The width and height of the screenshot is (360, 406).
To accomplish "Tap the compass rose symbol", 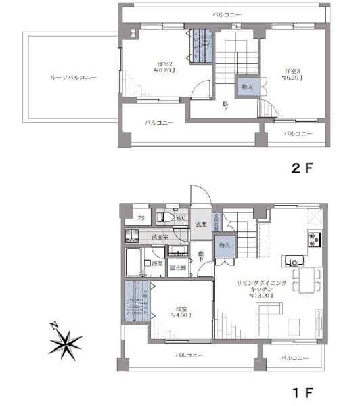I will point(66,342).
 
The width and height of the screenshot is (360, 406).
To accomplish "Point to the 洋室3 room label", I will point(292,70).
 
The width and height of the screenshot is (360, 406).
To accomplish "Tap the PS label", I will point(141,218).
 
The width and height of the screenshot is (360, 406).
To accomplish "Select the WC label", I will point(181,218).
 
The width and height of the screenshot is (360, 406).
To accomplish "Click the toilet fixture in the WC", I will point(162,217).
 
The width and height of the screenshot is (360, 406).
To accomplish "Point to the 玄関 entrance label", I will point(200,224).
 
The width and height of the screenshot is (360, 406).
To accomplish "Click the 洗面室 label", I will point(160,237).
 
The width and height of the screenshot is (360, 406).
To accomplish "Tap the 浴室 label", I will point(157,262).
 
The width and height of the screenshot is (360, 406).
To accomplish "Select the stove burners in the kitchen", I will point(314,238).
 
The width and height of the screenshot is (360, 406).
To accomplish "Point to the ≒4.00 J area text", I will point(181,315).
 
